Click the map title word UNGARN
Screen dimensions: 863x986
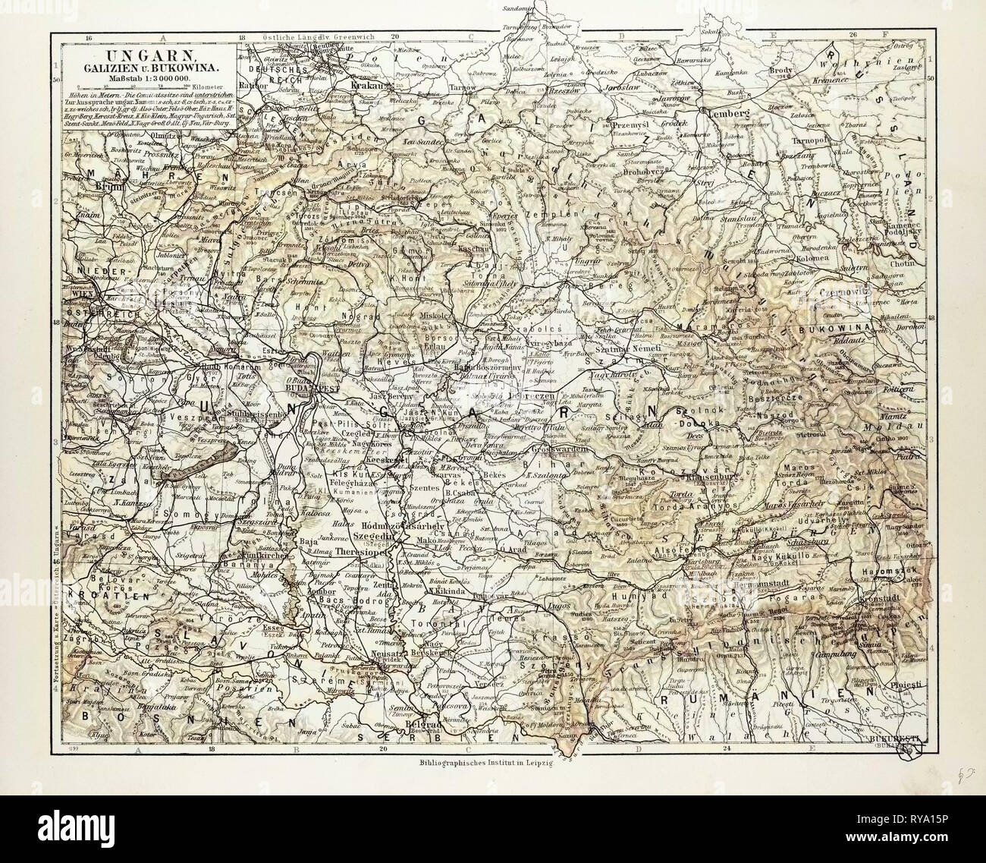tap(149, 56)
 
